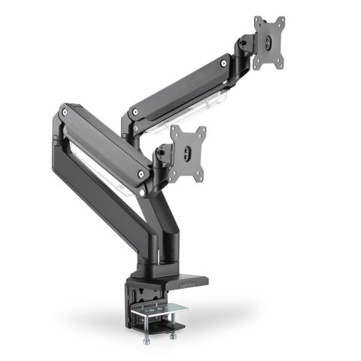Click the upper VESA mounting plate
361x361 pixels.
pyautogui.click(x=268, y=42)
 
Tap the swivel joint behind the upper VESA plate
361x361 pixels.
pyautogui.click(x=245, y=50)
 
